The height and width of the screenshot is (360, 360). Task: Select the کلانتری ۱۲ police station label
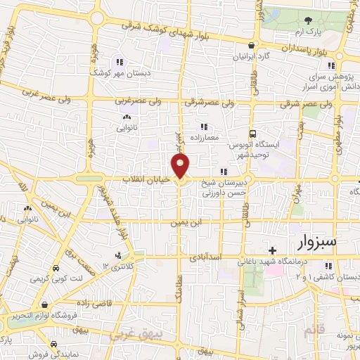click(117, 266)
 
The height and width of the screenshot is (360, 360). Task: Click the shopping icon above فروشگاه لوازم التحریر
click(46, 305)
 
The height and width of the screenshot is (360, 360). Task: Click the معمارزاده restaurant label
click(204, 138)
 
